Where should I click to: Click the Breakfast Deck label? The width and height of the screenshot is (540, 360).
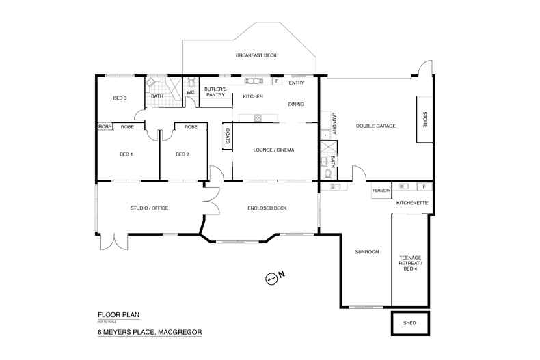click(x=256, y=55)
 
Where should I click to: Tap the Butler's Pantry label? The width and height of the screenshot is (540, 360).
click(x=211, y=92)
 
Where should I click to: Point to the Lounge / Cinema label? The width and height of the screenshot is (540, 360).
click(x=273, y=149)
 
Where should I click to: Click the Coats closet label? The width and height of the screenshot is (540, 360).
click(x=227, y=137)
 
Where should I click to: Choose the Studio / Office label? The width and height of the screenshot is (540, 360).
click(x=149, y=208)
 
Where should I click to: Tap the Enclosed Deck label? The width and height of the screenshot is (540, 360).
click(x=262, y=208)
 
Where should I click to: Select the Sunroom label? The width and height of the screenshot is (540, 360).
click(x=366, y=252)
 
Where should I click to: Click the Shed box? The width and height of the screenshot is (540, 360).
click(x=410, y=322)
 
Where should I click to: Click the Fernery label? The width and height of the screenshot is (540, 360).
click(x=381, y=191)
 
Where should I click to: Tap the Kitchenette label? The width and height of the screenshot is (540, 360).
click(x=412, y=203)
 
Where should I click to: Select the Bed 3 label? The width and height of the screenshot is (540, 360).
click(x=120, y=98)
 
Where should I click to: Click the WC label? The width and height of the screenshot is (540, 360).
click(x=191, y=92)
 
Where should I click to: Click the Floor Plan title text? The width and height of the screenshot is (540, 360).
click(x=118, y=315)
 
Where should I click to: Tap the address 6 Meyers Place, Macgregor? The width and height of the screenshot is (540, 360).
click(x=150, y=333)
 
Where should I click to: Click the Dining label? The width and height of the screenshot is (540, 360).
click(x=296, y=104)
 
